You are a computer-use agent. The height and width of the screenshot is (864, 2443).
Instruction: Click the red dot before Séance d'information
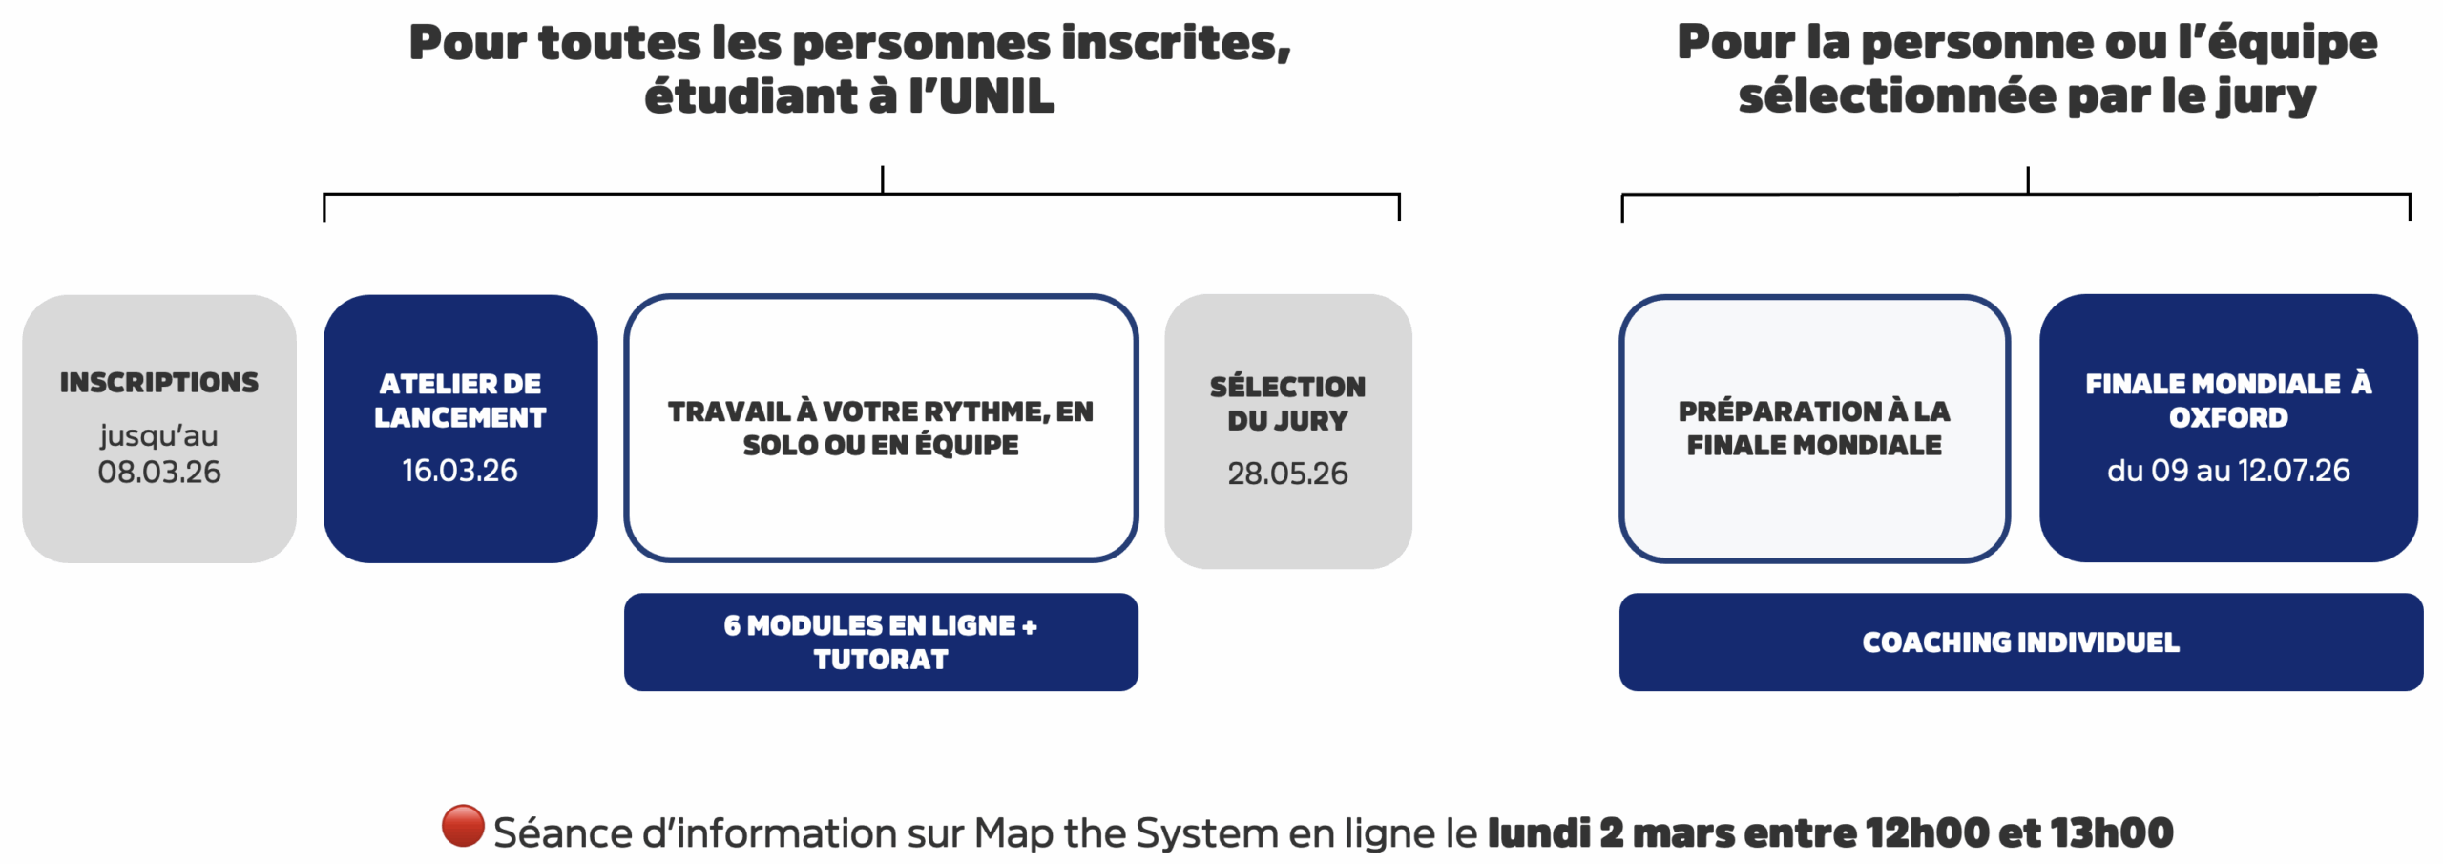(x=463, y=826)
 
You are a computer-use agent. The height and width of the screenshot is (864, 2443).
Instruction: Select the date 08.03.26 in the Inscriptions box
(x=159, y=472)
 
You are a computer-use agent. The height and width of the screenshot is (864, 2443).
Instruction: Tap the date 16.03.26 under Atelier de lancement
(x=460, y=470)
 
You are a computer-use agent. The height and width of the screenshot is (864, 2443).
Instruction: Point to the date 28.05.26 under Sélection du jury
(x=1287, y=473)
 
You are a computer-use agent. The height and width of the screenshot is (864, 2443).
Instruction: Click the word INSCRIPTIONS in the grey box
(x=159, y=382)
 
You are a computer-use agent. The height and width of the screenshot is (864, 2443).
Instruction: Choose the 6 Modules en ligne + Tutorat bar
(x=881, y=642)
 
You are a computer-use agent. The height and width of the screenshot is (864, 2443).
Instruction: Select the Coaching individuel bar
(x=2021, y=642)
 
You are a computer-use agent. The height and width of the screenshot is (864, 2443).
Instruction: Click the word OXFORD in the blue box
(x=2228, y=417)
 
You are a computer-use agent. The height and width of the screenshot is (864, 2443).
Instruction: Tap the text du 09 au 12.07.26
(x=2228, y=470)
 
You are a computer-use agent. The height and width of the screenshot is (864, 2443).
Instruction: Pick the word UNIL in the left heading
(x=996, y=96)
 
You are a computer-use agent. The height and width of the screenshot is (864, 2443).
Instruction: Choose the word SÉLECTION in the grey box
(x=1287, y=386)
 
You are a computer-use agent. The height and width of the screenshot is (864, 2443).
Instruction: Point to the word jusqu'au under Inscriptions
(x=159, y=436)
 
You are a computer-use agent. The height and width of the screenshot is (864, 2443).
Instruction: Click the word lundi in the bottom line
(x=1538, y=832)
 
